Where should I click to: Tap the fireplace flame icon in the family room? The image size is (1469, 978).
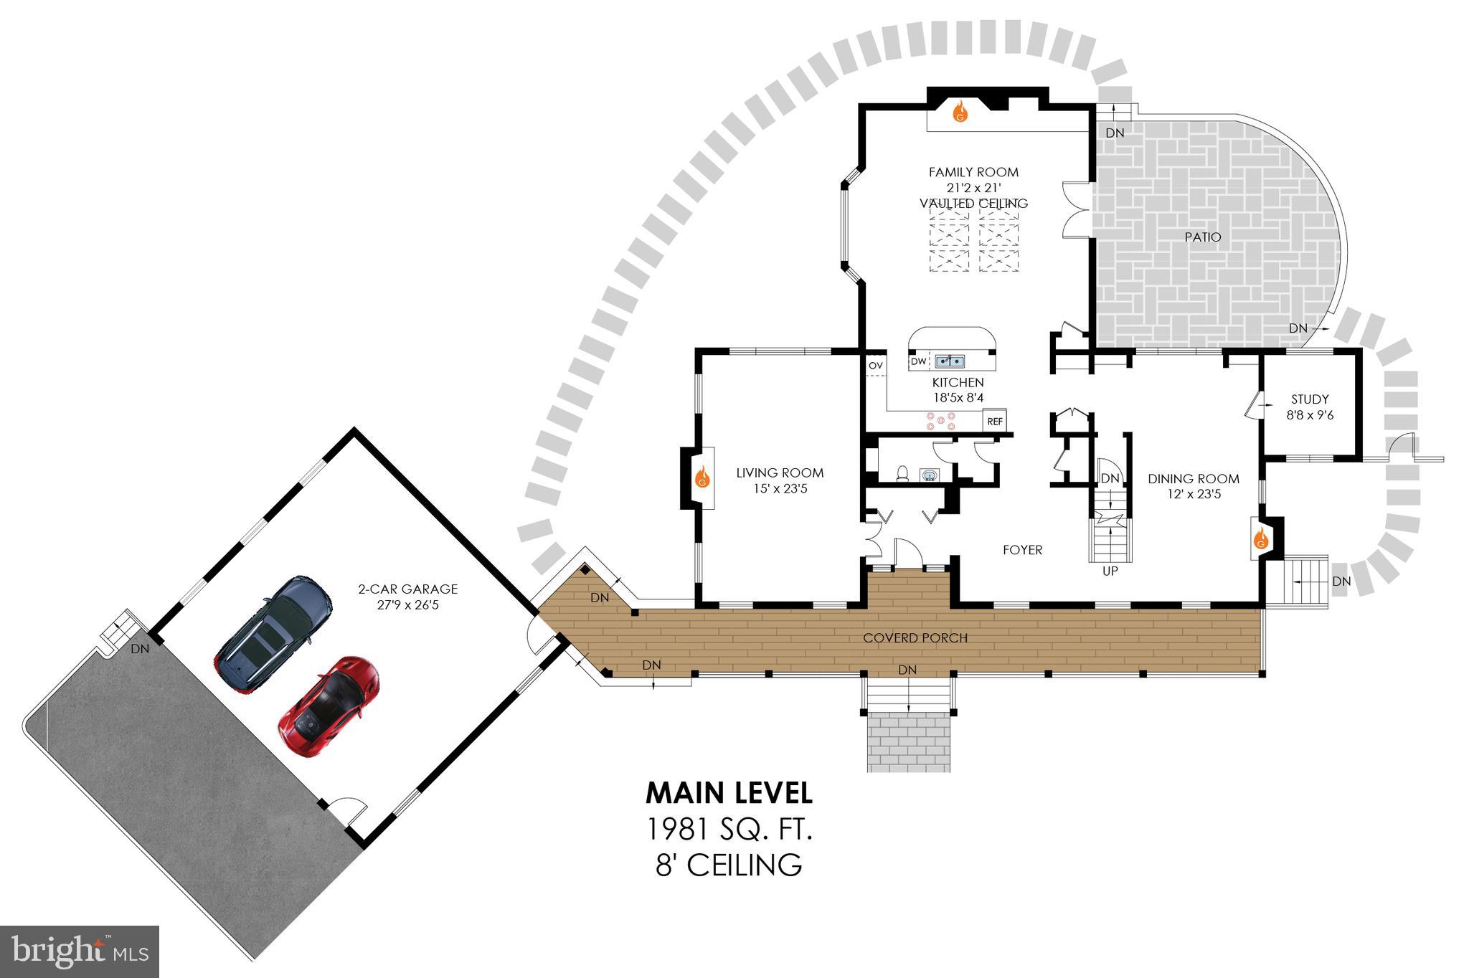(x=960, y=113)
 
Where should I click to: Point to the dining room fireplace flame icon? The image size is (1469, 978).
(x=1260, y=538)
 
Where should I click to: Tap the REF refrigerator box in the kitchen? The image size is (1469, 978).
(x=995, y=422)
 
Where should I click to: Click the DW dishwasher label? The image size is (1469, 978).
(x=919, y=361)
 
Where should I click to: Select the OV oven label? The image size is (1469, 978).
(x=875, y=366)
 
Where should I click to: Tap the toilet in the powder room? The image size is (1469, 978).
(x=904, y=473)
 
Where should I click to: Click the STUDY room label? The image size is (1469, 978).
(x=1310, y=399)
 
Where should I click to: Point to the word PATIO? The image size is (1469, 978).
(x=1203, y=237)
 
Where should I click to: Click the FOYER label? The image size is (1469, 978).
(x=1022, y=550)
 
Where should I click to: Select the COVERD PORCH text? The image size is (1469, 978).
(x=915, y=637)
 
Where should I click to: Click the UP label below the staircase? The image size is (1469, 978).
(x=1110, y=571)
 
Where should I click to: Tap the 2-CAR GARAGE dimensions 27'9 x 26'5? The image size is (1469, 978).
(x=407, y=604)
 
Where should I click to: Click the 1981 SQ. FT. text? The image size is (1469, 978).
(x=729, y=830)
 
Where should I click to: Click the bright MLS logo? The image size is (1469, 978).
(x=80, y=951)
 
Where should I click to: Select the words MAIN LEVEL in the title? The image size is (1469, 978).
(x=729, y=793)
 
